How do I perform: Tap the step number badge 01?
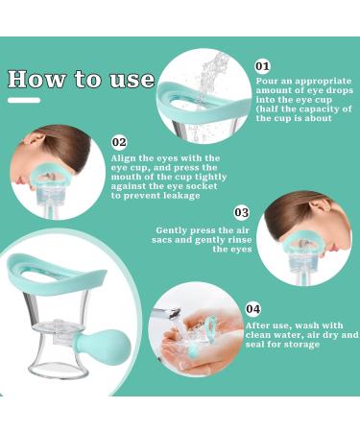[x=263, y=65]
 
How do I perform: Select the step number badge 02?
[x=119, y=142]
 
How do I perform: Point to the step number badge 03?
[x=241, y=212]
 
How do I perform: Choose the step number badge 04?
[x=252, y=308]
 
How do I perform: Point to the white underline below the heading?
[x=24, y=100]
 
